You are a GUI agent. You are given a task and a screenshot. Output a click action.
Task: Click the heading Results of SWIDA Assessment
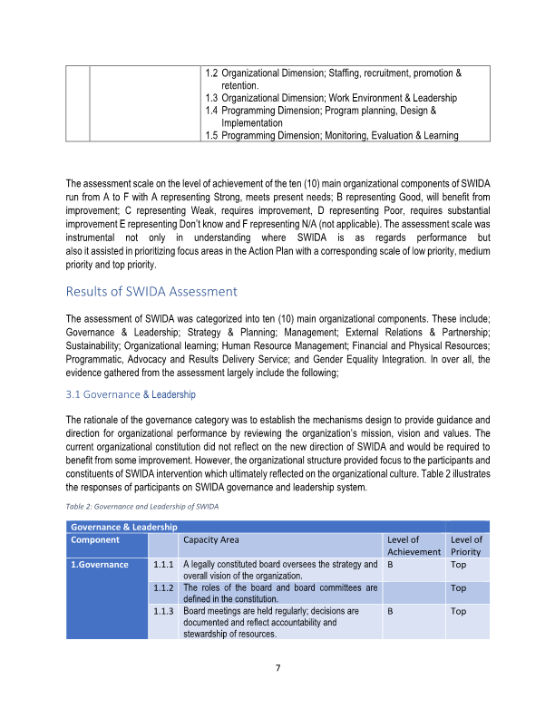[151, 292]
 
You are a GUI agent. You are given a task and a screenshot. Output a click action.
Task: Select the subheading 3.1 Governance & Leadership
[131, 394]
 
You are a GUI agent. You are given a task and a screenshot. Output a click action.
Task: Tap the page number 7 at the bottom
[277, 669]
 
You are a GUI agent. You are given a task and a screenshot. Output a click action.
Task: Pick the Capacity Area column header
[211, 539]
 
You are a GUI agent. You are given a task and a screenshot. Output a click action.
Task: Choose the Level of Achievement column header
[414, 545]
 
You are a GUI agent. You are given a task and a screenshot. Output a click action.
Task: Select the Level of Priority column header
[466, 545]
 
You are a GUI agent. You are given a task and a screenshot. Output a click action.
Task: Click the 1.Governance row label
[100, 565]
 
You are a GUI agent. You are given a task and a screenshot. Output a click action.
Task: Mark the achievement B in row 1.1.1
[390, 565]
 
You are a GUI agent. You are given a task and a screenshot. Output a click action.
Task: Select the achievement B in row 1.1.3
[390, 612]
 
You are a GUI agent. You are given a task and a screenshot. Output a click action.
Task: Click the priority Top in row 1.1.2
[459, 588]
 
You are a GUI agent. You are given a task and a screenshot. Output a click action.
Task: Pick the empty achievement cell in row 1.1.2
[414, 593]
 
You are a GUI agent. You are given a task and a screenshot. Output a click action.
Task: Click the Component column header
[95, 539]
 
